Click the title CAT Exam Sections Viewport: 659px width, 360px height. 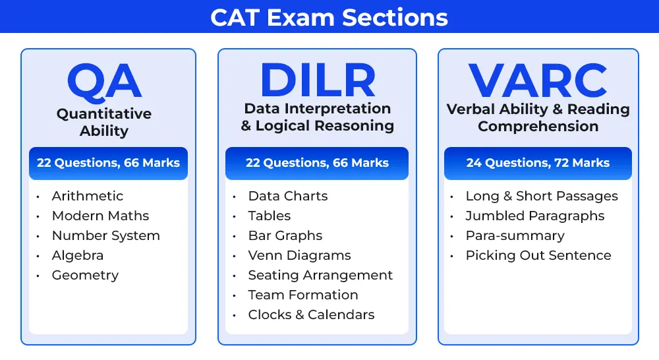(x=329, y=18)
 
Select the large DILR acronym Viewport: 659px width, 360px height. (x=318, y=80)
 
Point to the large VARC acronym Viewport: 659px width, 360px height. (x=538, y=80)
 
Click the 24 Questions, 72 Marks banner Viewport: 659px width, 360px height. (x=538, y=163)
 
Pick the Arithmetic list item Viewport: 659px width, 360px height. (x=88, y=196)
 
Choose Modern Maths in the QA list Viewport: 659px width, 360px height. (x=100, y=216)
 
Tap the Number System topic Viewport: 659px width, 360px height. (x=106, y=235)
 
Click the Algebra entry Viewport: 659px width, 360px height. (x=78, y=255)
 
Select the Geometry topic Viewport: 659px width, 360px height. (x=85, y=275)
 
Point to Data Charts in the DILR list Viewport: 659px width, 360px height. (x=288, y=196)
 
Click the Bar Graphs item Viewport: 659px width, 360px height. (x=285, y=235)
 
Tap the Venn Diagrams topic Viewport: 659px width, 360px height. (x=300, y=255)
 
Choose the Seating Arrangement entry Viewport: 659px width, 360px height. (x=320, y=275)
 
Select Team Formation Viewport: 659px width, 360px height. (x=303, y=295)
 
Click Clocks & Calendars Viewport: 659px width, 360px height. (x=312, y=315)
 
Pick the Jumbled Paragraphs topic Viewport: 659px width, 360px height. (x=535, y=216)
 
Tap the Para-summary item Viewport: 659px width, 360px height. (x=515, y=235)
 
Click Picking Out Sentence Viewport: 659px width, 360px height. (x=538, y=255)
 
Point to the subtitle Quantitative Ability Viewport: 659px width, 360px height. (x=104, y=122)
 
